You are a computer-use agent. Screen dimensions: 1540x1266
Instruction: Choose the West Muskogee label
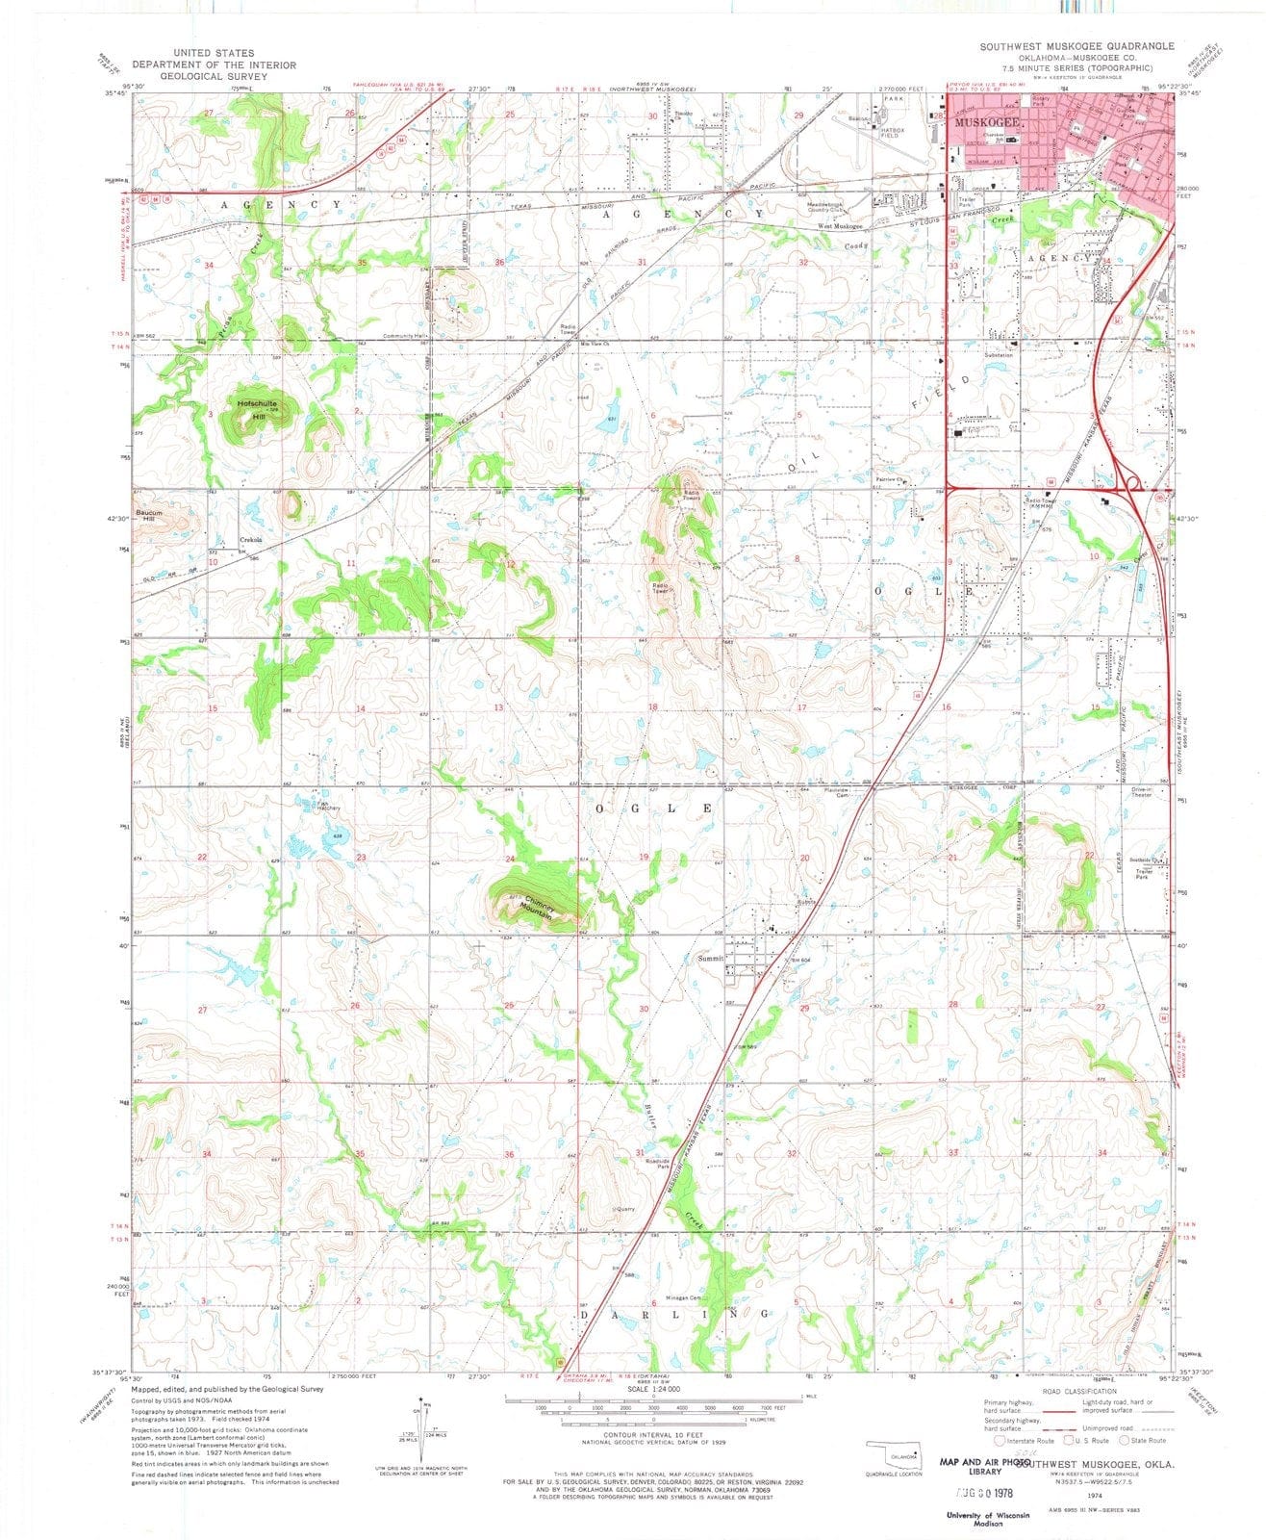coord(840,226)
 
